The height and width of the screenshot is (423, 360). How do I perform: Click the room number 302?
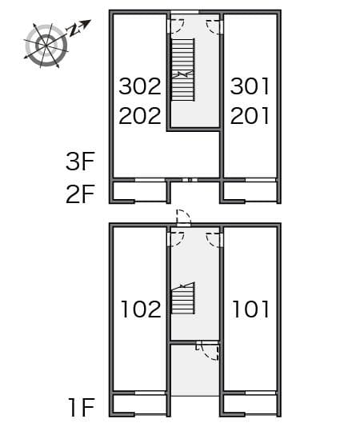click(x=140, y=86)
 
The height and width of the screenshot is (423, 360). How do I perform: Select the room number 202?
click(x=140, y=116)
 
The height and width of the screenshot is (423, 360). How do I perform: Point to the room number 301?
click(x=250, y=86)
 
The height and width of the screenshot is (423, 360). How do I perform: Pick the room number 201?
click(x=250, y=116)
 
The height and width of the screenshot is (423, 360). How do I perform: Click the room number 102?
click(x=141, y=309)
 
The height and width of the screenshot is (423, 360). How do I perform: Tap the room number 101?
click(x=251, y=309)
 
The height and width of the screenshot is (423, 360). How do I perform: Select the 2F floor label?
click(x=81, y=194)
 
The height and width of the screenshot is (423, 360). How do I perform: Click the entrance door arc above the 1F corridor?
click(x=183, y=217)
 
